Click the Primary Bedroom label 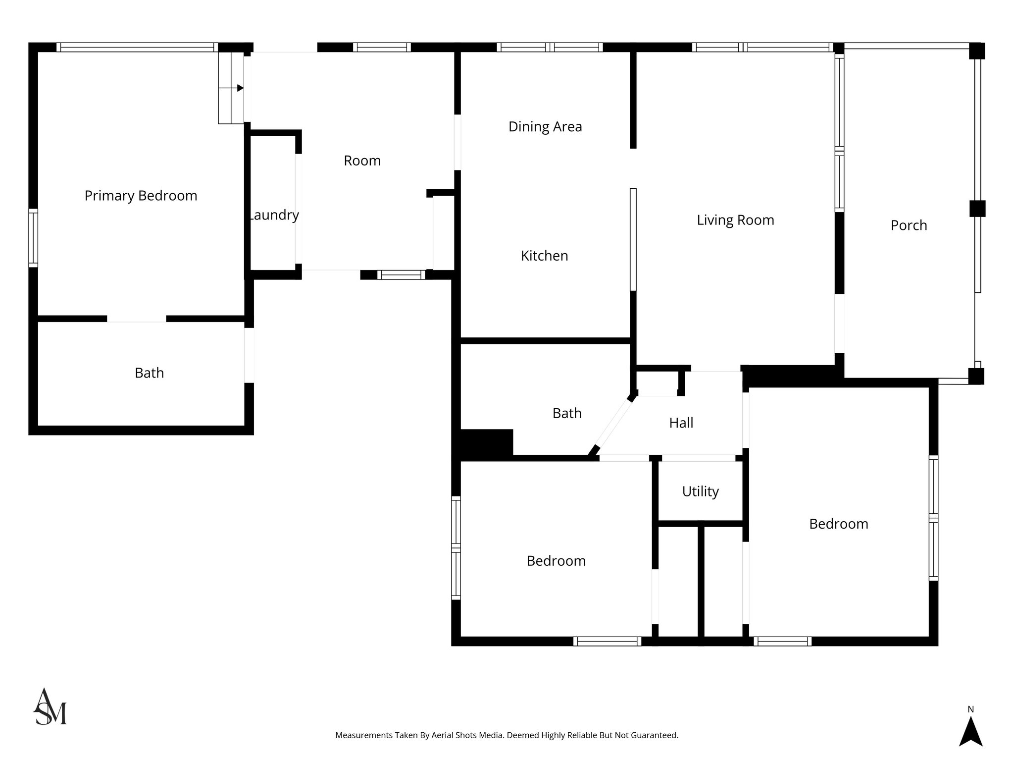141,196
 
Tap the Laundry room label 274,215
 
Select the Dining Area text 545,127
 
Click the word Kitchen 544,256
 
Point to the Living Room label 735,220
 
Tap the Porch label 909,225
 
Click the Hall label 681,423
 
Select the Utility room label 700,491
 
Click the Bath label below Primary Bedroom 149,373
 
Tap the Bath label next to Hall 567,413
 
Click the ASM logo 50,707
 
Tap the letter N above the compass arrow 970,709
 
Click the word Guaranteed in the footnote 656,735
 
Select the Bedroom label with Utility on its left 838,524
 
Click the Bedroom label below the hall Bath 556,561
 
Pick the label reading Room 362,161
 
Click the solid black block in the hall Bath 486,442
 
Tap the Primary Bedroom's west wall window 33,238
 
